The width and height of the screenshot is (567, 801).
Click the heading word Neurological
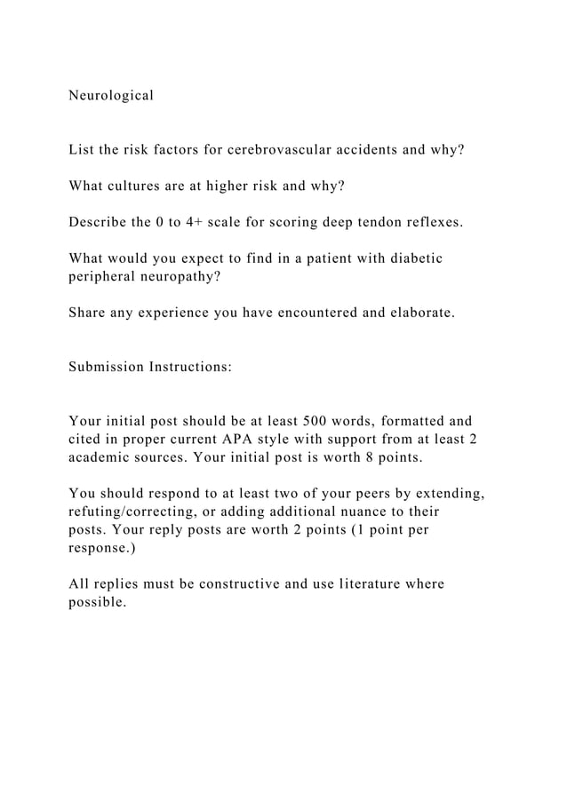pyautogui.click(x=111, y=95)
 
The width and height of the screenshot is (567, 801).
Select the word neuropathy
pyautogui.click(x=182, y=277)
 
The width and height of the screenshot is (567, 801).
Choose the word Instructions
pyautogui.click(x=192, y=367)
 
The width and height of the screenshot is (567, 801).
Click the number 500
pyautogui.click(x=315, y=421)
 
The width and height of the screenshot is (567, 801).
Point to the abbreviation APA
pyautogui.click(x=247, y=439)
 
